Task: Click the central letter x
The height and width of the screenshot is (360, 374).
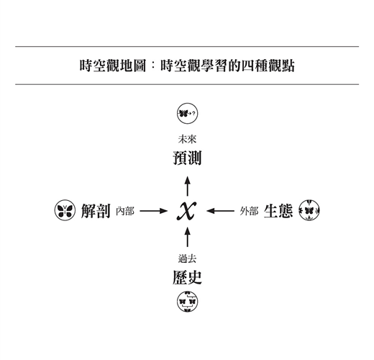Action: [x=186, y=211]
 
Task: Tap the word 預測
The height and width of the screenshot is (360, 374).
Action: [x=187, y=158]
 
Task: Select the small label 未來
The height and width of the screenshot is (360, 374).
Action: [x=187, y=139]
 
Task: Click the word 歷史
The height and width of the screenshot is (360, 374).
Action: [x=187, y=277]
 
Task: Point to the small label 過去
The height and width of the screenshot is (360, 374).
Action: [x=187, y=258]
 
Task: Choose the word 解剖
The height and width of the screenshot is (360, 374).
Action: [x=96, y=211]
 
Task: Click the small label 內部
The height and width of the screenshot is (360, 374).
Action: [x=125, y=211]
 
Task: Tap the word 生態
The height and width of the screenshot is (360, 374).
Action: [x=278, y=211]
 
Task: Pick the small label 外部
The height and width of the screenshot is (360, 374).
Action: [x=249, y=211]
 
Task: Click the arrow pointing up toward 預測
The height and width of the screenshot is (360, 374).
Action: [x=188, y=186]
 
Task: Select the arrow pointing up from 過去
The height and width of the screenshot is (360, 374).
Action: [x=188, y=237]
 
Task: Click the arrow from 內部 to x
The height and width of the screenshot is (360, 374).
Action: [x=154, y=211]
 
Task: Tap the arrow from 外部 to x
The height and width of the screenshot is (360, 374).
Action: [x=220, y=211]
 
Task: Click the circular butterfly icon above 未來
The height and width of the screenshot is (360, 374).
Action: [x=188, y=113]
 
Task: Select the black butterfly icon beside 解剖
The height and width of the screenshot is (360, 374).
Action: [x=65, y=210]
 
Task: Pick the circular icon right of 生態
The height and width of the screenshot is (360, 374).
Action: [x=309, y=210]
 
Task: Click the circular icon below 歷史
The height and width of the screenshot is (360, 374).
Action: [x=188, y=302]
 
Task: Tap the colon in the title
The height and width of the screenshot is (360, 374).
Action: [x=153, y=66]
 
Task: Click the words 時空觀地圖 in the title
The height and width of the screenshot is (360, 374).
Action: [x=113, y=66]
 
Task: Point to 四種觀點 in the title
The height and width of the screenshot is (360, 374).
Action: [x=268, y=66]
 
